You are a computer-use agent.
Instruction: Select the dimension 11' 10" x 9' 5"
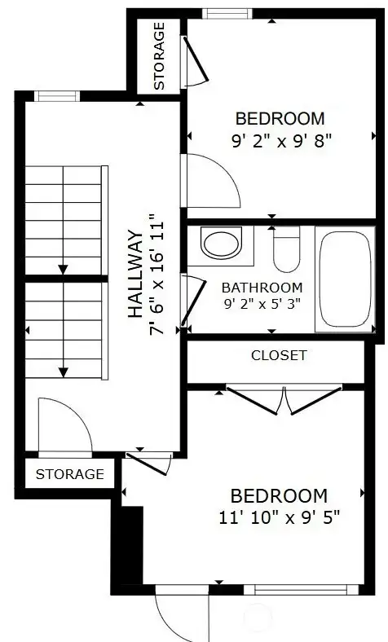pos(279,517)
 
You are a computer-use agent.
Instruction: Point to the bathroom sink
pos(221,244)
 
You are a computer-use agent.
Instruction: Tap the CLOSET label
pos(279,355)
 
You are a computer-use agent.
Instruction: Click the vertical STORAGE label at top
pos(159,55)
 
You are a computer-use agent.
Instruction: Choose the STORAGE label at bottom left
pos(69,473)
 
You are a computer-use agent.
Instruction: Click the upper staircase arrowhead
pos(62,268)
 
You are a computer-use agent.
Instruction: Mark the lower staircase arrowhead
pos(62,372)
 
